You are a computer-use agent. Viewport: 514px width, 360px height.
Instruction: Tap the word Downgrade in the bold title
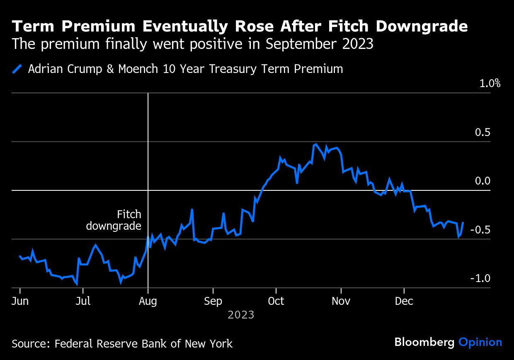pyautogui.click(x=422, y=27)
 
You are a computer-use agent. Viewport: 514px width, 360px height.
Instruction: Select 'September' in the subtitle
pyautogui.click(x=302, y=44)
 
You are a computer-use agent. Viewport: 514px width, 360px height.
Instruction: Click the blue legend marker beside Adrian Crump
pyautogui.click(x=17, y=69)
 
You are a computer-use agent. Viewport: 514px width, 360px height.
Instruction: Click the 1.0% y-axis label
pyautogui.click(x=490, y=83)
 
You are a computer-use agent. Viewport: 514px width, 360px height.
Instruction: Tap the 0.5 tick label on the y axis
pyautogui.click(x=482, y=132)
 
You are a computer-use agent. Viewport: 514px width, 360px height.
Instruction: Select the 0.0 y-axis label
pyautogui.click(x=482, y=181)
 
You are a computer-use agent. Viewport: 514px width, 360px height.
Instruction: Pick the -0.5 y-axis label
pyautogui.click(x=480, y=230)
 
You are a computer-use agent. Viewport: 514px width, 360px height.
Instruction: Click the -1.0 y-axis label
pyautogui.click(x=480, y=278)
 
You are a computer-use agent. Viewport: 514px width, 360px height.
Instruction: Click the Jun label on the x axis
pyautogui.click(x=20, y=301)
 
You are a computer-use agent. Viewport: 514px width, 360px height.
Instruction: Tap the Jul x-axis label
pyautogui.click(x=83, y=301)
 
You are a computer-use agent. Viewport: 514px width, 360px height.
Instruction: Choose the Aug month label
pyautogui.click(x=148, y=301)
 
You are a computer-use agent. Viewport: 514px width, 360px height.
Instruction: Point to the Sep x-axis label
pyautogui.click(x=213, y=301)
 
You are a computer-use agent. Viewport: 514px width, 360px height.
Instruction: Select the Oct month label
pyautogui.click(x=276, y=301)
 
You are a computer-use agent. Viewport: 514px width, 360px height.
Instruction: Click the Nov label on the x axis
pyautogui.click(x=341, y=301)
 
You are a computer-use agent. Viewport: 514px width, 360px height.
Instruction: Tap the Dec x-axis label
pyautogui.click(x=404, y=301)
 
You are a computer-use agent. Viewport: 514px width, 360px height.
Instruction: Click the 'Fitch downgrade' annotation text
pyautogui.click(x=114, y=220)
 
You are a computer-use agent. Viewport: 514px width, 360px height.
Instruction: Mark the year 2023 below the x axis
pyautogui.click(x=241, y=315)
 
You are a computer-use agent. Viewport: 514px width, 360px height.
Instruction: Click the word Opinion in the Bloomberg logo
pyautogui.click(x=480, y=342)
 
